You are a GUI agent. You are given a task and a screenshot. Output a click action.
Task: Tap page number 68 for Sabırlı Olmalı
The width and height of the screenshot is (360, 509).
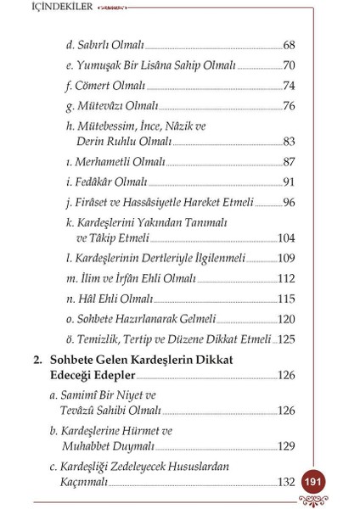pos(288,44)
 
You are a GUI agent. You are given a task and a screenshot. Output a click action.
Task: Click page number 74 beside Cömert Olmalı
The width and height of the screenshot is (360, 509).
pos(288,86)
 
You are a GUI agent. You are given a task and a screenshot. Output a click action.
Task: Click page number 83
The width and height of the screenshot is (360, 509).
pos(288,141)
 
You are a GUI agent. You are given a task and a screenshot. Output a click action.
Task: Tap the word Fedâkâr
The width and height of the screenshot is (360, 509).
pos(95,182)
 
